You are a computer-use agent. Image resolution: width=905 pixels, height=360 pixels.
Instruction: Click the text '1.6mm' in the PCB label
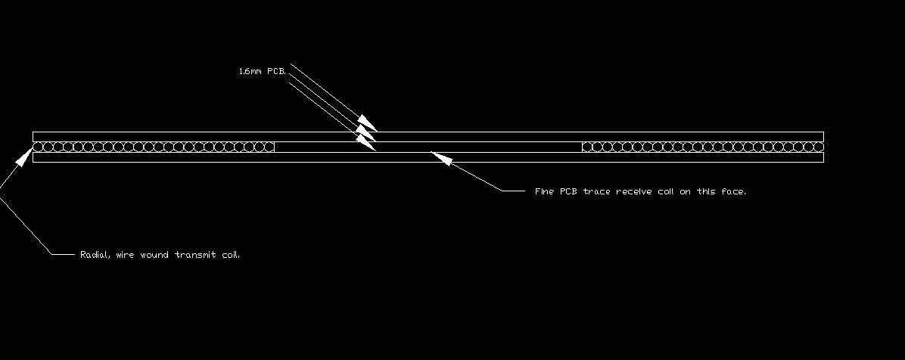point(250,72)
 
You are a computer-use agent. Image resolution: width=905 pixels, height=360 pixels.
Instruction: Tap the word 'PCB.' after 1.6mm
point(276,72)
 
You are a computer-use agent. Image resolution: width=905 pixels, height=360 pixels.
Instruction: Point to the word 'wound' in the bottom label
point(154,254)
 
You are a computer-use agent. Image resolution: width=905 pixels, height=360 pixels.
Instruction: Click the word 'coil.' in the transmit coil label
point(231,254)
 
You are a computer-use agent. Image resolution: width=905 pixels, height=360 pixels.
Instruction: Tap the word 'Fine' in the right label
point(545,191)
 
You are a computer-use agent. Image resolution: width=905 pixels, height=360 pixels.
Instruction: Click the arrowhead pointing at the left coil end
point(24,157)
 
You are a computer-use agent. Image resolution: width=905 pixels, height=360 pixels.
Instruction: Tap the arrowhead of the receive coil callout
point(441,157)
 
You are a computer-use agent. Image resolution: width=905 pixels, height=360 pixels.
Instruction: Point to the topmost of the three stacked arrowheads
point(367,123)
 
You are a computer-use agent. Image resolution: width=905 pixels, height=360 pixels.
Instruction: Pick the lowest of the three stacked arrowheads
point(366,142)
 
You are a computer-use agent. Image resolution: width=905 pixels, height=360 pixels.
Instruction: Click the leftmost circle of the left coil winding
point(38,147)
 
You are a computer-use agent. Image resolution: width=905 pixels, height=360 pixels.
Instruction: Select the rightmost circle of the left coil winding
point(269,147)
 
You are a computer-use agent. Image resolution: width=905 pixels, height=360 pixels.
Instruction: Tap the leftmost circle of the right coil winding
point(587,147)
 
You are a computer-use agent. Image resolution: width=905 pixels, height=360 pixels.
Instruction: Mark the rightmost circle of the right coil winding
point(819,147)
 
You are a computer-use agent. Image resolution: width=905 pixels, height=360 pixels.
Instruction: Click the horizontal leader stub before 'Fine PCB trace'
point(514,191)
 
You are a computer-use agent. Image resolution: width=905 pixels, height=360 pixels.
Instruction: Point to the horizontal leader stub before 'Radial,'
point(64,254)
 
